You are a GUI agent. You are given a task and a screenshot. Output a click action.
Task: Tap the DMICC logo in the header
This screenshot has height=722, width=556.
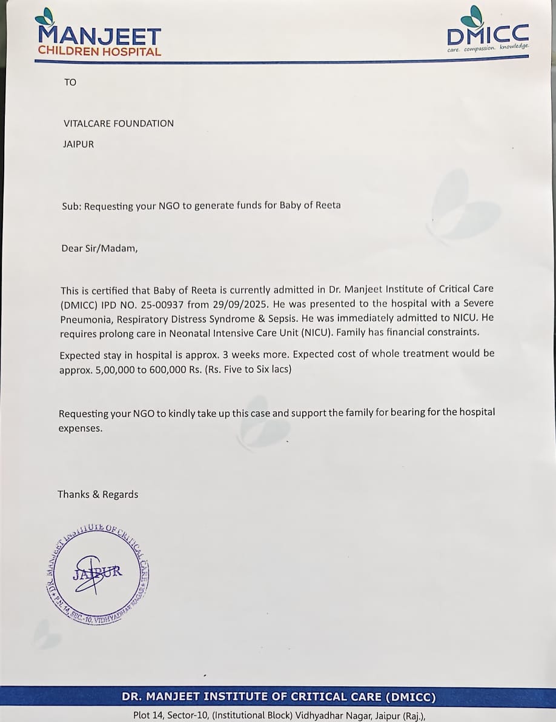point(488,30)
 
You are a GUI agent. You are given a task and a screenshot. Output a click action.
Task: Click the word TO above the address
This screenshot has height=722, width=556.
point(70,82)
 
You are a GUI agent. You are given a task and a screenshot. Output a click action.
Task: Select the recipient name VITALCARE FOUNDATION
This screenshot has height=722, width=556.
point(119,123)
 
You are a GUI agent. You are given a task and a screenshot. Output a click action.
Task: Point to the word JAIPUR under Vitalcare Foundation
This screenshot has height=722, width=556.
point(79,144)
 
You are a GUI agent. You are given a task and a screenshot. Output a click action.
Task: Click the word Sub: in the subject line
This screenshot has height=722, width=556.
point(71,206)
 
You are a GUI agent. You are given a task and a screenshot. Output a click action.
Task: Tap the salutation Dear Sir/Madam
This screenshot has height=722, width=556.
point(99,248)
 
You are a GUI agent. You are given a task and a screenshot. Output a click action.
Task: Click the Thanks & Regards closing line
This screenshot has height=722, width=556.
point(98,495)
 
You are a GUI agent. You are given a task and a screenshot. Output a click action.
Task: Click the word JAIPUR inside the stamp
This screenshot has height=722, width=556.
point(98,572)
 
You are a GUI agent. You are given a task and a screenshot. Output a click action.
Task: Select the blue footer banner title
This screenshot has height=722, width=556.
point(278,697)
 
